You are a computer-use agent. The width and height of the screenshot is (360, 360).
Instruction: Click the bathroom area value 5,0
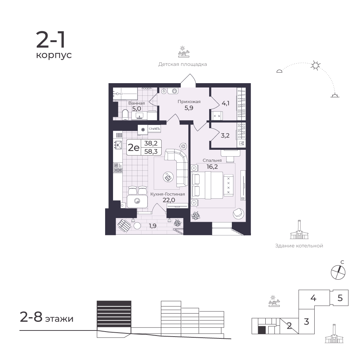click(x=136, y=108)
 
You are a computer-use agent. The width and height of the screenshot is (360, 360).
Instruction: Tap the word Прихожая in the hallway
click(x=189, y=102)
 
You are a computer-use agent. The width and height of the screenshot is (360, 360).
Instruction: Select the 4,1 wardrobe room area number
click(x=225, y=103)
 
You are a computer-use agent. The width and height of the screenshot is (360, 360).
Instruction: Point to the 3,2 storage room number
click(x=225, y=135)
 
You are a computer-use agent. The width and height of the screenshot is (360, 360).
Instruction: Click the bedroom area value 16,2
click(x=212, y=167)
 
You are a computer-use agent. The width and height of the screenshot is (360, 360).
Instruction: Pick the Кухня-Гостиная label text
click(x=168, y=194)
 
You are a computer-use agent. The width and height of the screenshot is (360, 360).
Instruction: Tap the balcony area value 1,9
click(x=153, y=226)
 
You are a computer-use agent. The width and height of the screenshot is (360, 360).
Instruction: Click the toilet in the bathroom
click(x=125, y=114)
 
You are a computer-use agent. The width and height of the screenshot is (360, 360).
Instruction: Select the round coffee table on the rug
click(x=168, y=177)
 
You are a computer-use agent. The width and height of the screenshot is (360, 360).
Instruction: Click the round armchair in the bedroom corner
click(x=239, y=213)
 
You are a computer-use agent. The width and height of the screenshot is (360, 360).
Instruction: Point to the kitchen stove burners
click(x=118, y=168)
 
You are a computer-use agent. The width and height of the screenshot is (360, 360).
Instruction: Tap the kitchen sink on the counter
click(x=118, y=145)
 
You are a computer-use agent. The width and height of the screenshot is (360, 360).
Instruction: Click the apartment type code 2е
click(x=134, y=147)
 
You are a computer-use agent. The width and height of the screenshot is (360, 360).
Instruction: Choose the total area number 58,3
click(x=151, y=151)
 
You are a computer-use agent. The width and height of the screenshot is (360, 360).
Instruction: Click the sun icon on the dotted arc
click(x=315, y=66)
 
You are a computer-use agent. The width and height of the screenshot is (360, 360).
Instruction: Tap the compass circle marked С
click(x=338, y=272)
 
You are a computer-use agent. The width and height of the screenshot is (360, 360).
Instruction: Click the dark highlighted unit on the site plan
click(x=262, y=330)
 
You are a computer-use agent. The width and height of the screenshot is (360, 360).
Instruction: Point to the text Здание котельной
click(x=299, y=246)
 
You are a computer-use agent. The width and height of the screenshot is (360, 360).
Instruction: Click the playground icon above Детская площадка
click(x=184, y=52)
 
